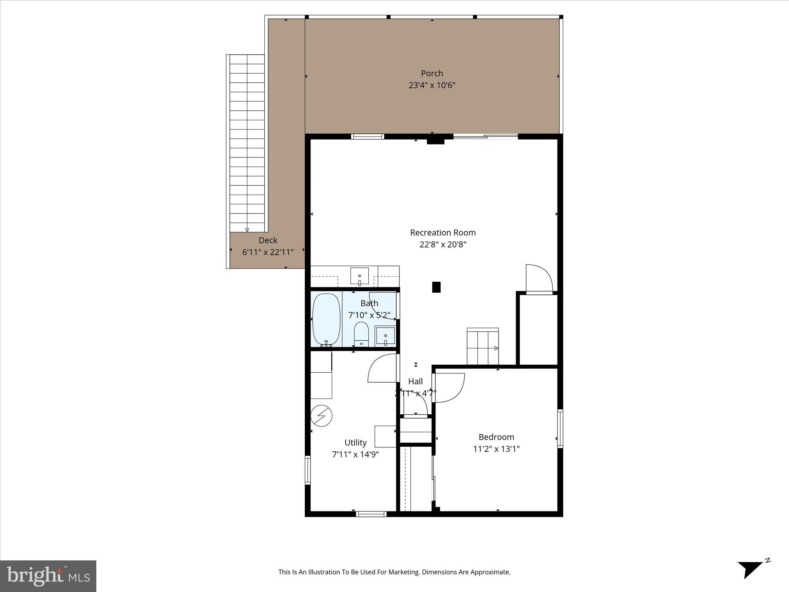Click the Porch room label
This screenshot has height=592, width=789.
click(431, 73)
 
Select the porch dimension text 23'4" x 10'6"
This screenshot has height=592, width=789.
click(432, 85)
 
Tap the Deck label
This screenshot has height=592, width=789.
click(268, 240)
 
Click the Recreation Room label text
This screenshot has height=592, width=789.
click(443, 233)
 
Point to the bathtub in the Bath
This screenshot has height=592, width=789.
click(326, 320)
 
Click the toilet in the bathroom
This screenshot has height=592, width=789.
click(361, 334)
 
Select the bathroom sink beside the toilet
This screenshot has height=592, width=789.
click(385, 336)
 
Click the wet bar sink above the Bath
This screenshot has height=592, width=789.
click(359, 276)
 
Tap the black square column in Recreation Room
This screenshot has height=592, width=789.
click(436, 287)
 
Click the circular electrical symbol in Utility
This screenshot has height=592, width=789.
click(321, 416)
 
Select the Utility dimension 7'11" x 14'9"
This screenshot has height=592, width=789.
click(355, 454)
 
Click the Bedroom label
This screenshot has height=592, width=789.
click(496, 437)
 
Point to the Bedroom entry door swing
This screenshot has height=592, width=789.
click(449, 387)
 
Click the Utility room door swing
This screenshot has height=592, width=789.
click(383, 368)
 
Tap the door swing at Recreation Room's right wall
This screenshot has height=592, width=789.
click(539, 278)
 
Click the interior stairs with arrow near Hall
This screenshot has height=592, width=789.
click(483, 346)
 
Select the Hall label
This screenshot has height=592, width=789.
click(415, 382)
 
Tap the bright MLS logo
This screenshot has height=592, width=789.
click(48, 576)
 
